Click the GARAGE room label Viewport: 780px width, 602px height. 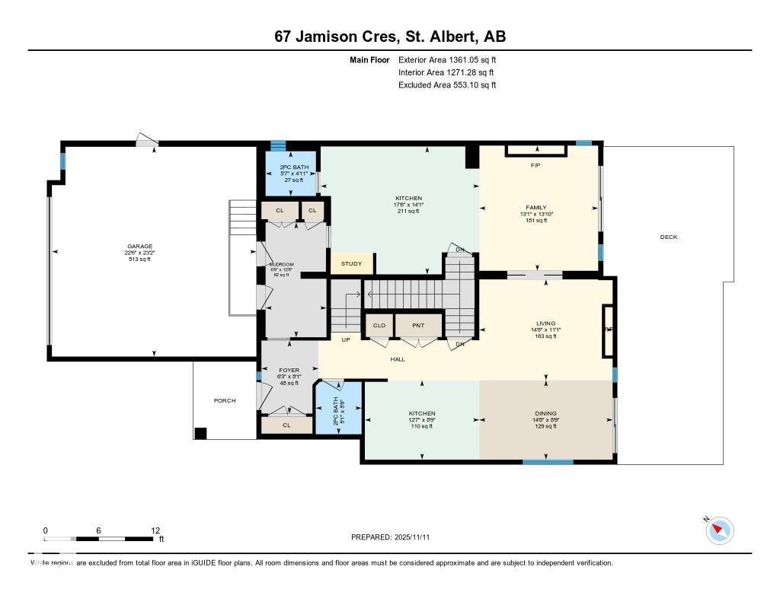point(139,247)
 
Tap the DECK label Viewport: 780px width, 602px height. point(668,237)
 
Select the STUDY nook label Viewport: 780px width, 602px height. point(351,264)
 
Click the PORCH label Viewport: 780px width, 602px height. point(224,401)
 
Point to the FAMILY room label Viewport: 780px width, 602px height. point(536,207)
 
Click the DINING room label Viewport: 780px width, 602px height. point(545,414)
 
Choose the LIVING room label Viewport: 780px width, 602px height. point(545,323)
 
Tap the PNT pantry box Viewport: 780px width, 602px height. point(418,326)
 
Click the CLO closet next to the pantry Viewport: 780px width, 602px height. point(379,326)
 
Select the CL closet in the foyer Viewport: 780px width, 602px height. point(286,425)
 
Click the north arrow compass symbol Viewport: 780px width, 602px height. point(720,530)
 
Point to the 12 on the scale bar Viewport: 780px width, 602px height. point(155,530)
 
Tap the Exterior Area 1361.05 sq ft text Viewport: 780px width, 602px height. point(447,59)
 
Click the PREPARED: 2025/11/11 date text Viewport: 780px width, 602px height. point(395,537)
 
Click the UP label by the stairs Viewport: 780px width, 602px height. point(345,340)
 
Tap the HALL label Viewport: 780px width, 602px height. point(398,359)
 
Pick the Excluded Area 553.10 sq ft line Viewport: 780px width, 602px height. point(447,85)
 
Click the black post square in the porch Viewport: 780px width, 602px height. point(200,434)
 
